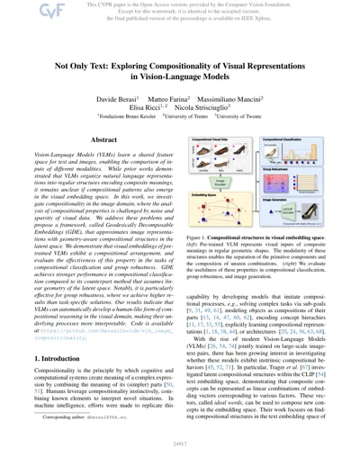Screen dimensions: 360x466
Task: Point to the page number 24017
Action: click(x=180, y=457)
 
